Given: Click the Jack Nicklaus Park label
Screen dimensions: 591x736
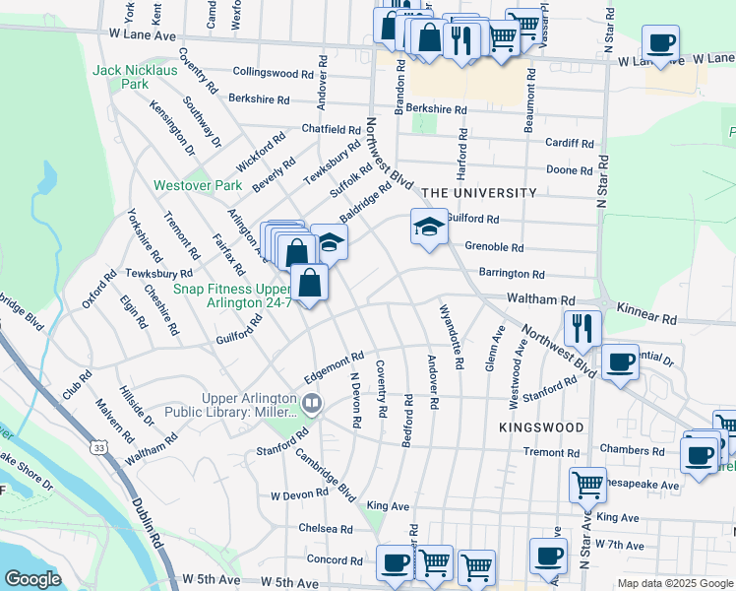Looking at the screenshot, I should pyautogui.click(x=133, y=77).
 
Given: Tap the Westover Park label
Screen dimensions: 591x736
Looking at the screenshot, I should pyautogui.click(x=197, y=185).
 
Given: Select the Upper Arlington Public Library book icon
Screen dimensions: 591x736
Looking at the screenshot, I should pyautogui.click(x=312, y=402).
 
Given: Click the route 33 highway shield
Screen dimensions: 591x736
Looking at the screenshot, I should pyautogui.click(x=100, y=448).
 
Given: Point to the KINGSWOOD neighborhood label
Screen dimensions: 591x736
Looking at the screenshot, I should pyautogui.click(x=540, y=427).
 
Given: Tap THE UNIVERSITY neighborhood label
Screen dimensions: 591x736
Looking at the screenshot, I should pyautogui.click(x=479, y=193).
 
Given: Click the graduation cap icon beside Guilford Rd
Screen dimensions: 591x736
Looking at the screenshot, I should pyautogui.click(x=428, y=228).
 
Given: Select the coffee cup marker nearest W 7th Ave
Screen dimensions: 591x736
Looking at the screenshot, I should pyautogui.click(x=548, y=556).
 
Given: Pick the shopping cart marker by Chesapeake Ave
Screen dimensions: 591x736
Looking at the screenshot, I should pyautogui.click(x=587, y=484).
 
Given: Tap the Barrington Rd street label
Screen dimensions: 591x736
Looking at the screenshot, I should pyautogui.click(x=511, y=274).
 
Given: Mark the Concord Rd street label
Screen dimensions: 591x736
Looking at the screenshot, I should pyautogui.click(x=328, y=558).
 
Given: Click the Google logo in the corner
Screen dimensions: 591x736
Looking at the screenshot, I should pyautogui.click(x=31, y=579).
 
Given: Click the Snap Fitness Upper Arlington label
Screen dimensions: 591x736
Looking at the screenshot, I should pyautogui.click(x=232, y=295).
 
